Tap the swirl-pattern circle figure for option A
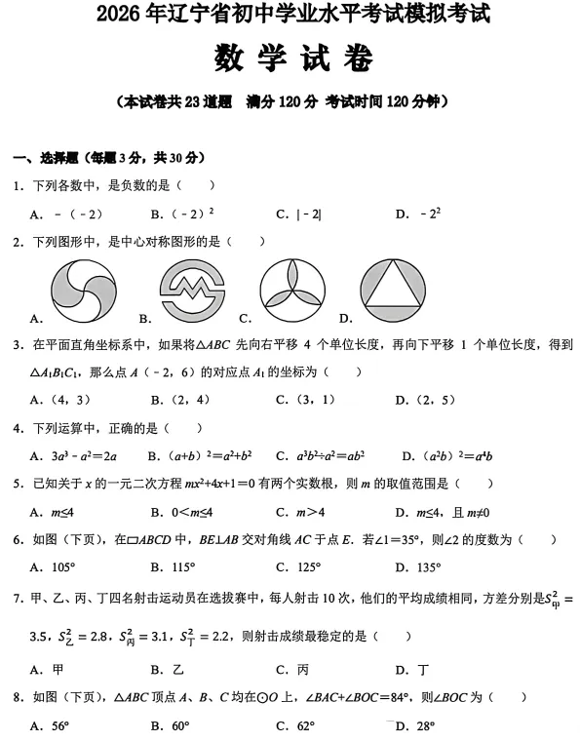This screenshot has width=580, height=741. (83, 291)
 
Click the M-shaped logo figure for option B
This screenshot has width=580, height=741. (192, 291)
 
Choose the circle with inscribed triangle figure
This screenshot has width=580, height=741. (393, 291)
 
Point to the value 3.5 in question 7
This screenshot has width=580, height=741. (41, 637)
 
